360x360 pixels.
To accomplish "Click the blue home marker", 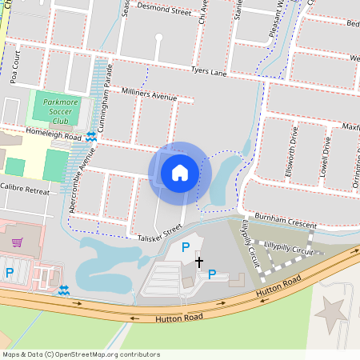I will (180, 173).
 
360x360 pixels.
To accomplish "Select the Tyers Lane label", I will (209, 71).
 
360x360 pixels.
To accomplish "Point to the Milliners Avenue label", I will (148, 95).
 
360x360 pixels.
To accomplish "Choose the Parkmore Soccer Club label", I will (62, 107).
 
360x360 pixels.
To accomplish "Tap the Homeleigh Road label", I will (54, 137).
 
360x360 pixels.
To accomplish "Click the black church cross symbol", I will (199, 262).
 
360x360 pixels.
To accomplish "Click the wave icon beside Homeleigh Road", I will (92, 137).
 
